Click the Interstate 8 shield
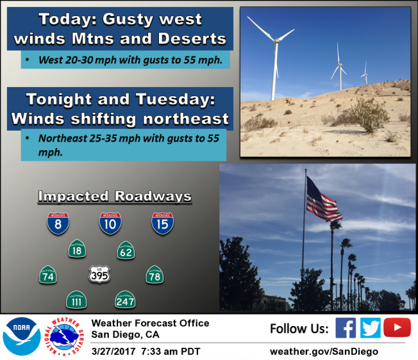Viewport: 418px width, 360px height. pos(58,222)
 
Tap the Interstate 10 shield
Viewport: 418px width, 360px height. pos(110,222)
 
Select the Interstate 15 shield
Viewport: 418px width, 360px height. pos(162,222)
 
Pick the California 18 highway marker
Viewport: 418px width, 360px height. pos(77,249)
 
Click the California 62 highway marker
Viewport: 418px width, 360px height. pos(126,250)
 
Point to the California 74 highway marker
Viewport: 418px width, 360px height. pos(48,275)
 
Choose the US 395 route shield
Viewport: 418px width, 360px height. pos(99,275)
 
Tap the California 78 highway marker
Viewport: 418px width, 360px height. pos(155,275)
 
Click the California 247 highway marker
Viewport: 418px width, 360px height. pos(125,299)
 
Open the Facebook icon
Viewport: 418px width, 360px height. pos(346,328)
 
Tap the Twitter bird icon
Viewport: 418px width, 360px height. pos(370,328)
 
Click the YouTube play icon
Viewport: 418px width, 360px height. pos(397,328)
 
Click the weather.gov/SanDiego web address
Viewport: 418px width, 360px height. pos(324,351)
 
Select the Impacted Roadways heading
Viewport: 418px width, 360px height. pos(115,196)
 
